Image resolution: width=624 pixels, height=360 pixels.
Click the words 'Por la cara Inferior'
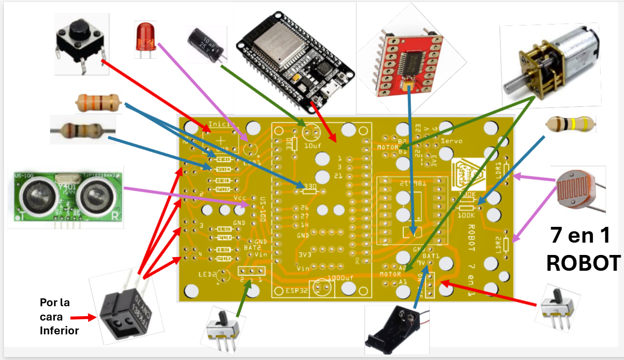[59, 316]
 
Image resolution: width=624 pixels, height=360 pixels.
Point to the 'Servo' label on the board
[451, 141]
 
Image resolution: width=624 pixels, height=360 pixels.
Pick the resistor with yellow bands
[570, 124]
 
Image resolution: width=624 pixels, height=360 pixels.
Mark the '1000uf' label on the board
[340, 278]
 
